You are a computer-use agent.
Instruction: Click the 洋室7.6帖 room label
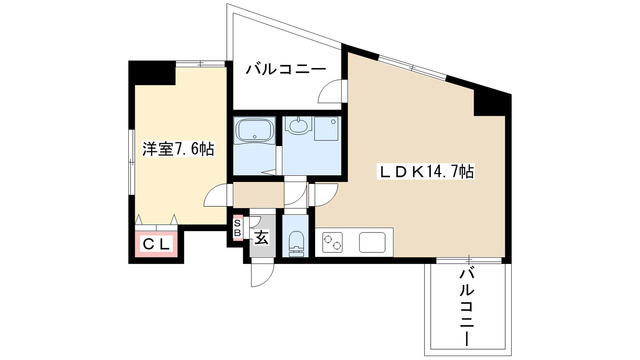click(176, 149)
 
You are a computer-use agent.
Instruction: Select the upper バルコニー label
click(285, 69)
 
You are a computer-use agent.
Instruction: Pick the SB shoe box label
click(237, 227)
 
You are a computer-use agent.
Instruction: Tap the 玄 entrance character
click(261, 238)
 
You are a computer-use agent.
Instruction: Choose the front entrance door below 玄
click(257, 268)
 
